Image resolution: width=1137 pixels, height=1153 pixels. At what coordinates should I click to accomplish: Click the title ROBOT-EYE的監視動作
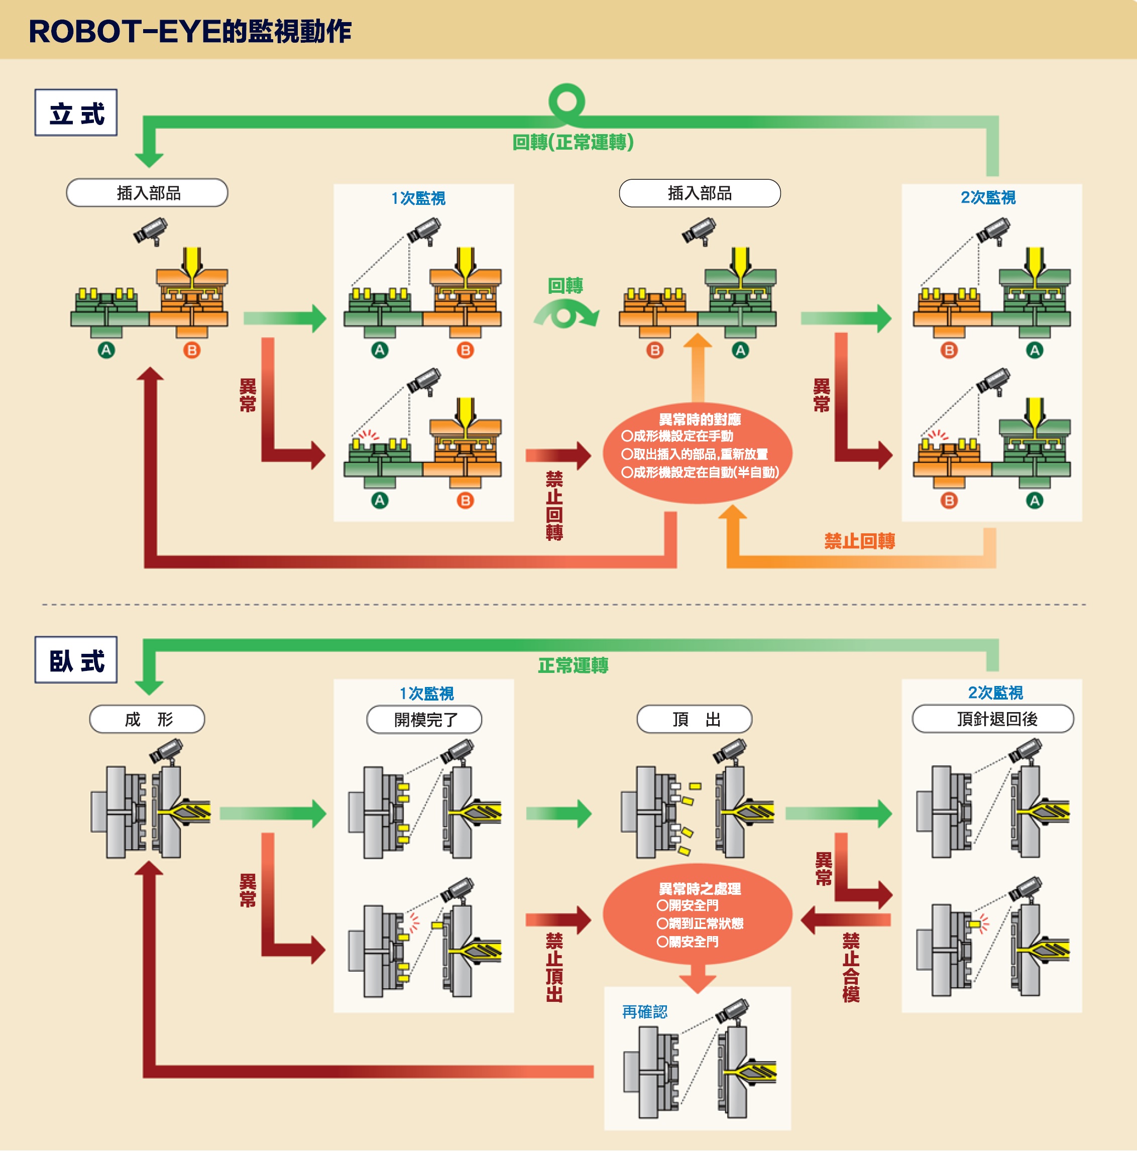[190, 31]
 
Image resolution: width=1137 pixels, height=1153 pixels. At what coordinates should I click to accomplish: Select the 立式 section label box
[76, 113]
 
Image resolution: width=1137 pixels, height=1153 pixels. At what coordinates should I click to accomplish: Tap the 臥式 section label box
[76, 660]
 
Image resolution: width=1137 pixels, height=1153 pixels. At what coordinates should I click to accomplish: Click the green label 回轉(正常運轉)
[573, 142]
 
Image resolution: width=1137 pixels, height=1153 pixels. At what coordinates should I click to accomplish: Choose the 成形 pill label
[148, 720]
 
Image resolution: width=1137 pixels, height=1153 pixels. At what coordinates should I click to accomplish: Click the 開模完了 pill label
[424, 720]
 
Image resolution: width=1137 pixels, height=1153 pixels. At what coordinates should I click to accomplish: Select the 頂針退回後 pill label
[993, 719]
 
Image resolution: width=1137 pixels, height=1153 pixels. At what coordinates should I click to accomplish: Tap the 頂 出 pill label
[695, 719]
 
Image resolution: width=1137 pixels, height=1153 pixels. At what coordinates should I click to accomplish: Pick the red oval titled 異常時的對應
[698, 453]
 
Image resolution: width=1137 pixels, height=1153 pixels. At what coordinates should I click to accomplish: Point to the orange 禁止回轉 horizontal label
[859, 541]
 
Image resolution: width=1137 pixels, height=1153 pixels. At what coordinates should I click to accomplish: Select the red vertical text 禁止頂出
[554, 967]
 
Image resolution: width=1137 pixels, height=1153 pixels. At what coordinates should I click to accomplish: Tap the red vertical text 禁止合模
[851, 967]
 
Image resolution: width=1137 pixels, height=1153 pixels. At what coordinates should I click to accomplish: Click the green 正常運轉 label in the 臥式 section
[573, 665]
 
